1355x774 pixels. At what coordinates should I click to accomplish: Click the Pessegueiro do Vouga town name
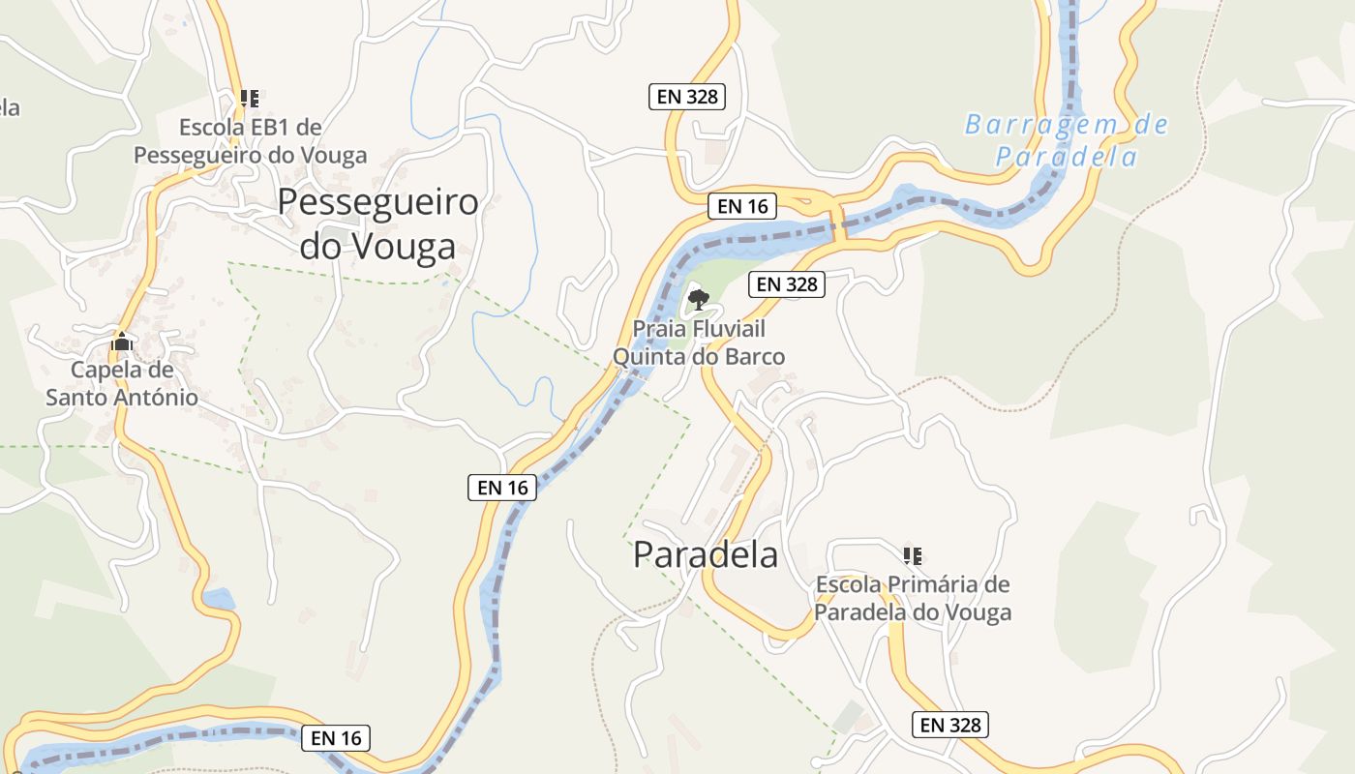point(377,224)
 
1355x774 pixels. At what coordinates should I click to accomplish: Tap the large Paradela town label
point(706,554)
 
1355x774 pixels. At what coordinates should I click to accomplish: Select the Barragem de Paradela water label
point(1066,140)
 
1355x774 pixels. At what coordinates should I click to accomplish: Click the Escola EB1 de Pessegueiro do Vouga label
point(251,141)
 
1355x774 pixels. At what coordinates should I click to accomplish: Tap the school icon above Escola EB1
point(250,98)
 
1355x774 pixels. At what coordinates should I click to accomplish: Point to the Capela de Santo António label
point(122,383)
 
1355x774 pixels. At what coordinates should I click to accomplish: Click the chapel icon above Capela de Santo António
point(122,342)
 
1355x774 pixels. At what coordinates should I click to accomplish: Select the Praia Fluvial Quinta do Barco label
point(699,342)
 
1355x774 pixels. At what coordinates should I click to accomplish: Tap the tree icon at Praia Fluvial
point(698,299)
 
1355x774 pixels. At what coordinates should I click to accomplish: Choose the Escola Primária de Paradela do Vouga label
point(913,598)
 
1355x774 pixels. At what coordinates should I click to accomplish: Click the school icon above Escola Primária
point(912,555)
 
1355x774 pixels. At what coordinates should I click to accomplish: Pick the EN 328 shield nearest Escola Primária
point(949,725)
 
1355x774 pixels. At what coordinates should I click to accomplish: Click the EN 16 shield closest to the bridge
point(742,206)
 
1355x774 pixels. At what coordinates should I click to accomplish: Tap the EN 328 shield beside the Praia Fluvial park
point(787,284)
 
